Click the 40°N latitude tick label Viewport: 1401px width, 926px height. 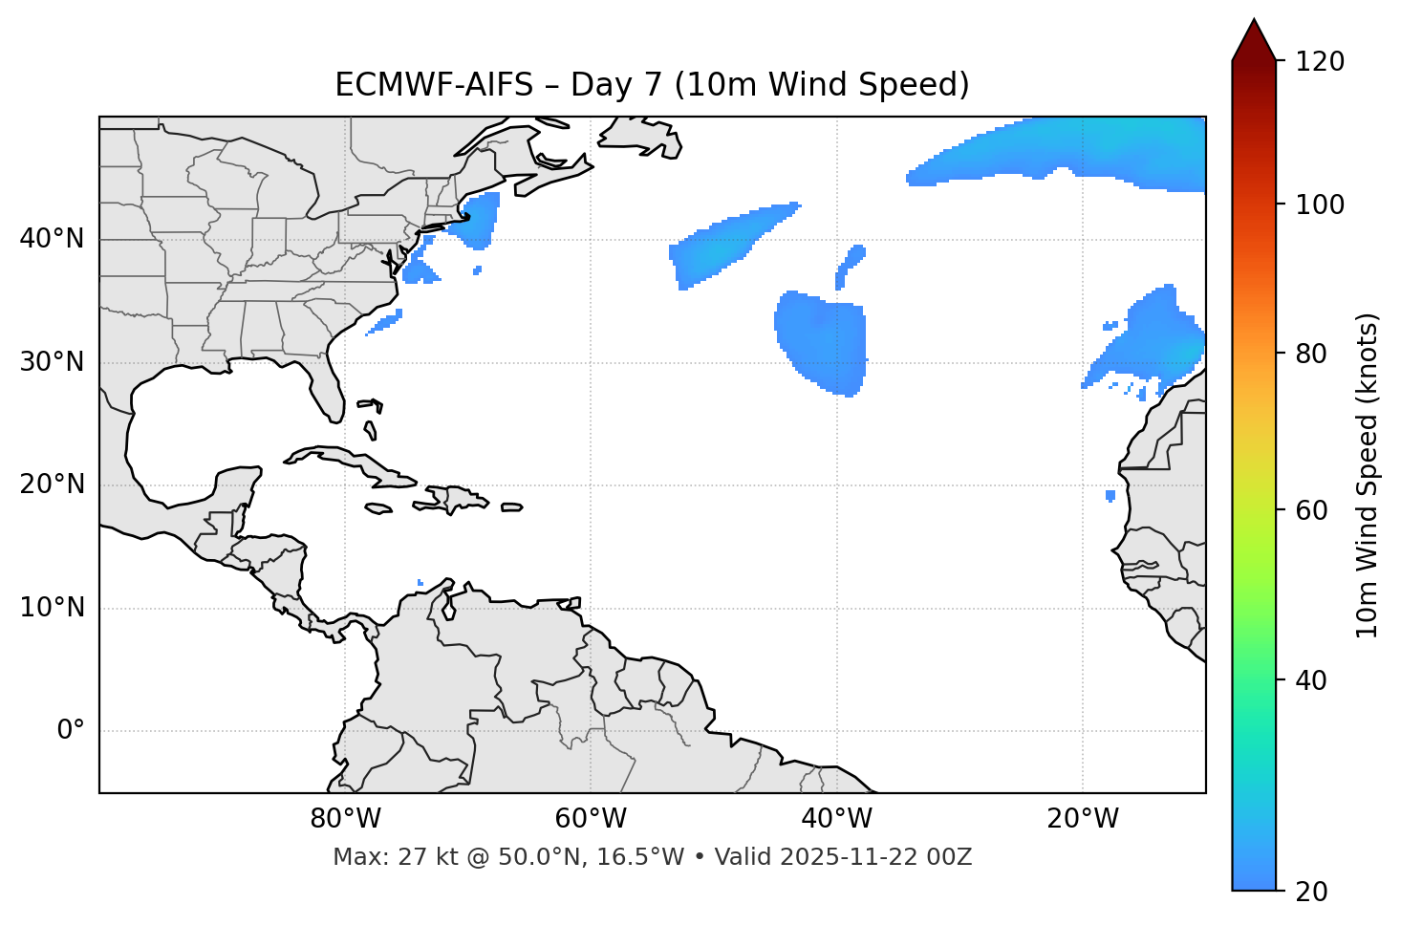52,239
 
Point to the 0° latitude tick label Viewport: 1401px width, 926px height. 71,731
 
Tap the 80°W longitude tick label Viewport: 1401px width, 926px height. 345,819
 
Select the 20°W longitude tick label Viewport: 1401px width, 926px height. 1083,819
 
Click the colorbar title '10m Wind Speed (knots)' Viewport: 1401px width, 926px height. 1368,475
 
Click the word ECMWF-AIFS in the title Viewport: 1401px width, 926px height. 434,85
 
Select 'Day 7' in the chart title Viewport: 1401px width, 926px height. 614,85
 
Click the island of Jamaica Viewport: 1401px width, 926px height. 378,508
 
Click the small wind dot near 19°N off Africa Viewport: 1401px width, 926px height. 1110,496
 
